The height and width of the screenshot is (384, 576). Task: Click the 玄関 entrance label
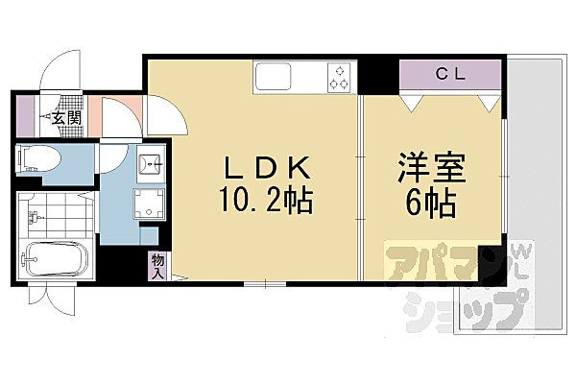click(66, 118)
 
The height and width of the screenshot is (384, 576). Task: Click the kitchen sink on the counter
click(276, 76)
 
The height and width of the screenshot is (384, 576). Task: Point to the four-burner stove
click(339, 77)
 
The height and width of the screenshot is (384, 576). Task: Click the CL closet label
click(451, 73)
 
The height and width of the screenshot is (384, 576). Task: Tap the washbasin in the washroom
click(149, 164)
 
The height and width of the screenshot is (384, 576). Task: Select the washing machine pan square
click(149, 203)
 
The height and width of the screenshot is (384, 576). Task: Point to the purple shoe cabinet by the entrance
click(24, 114)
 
